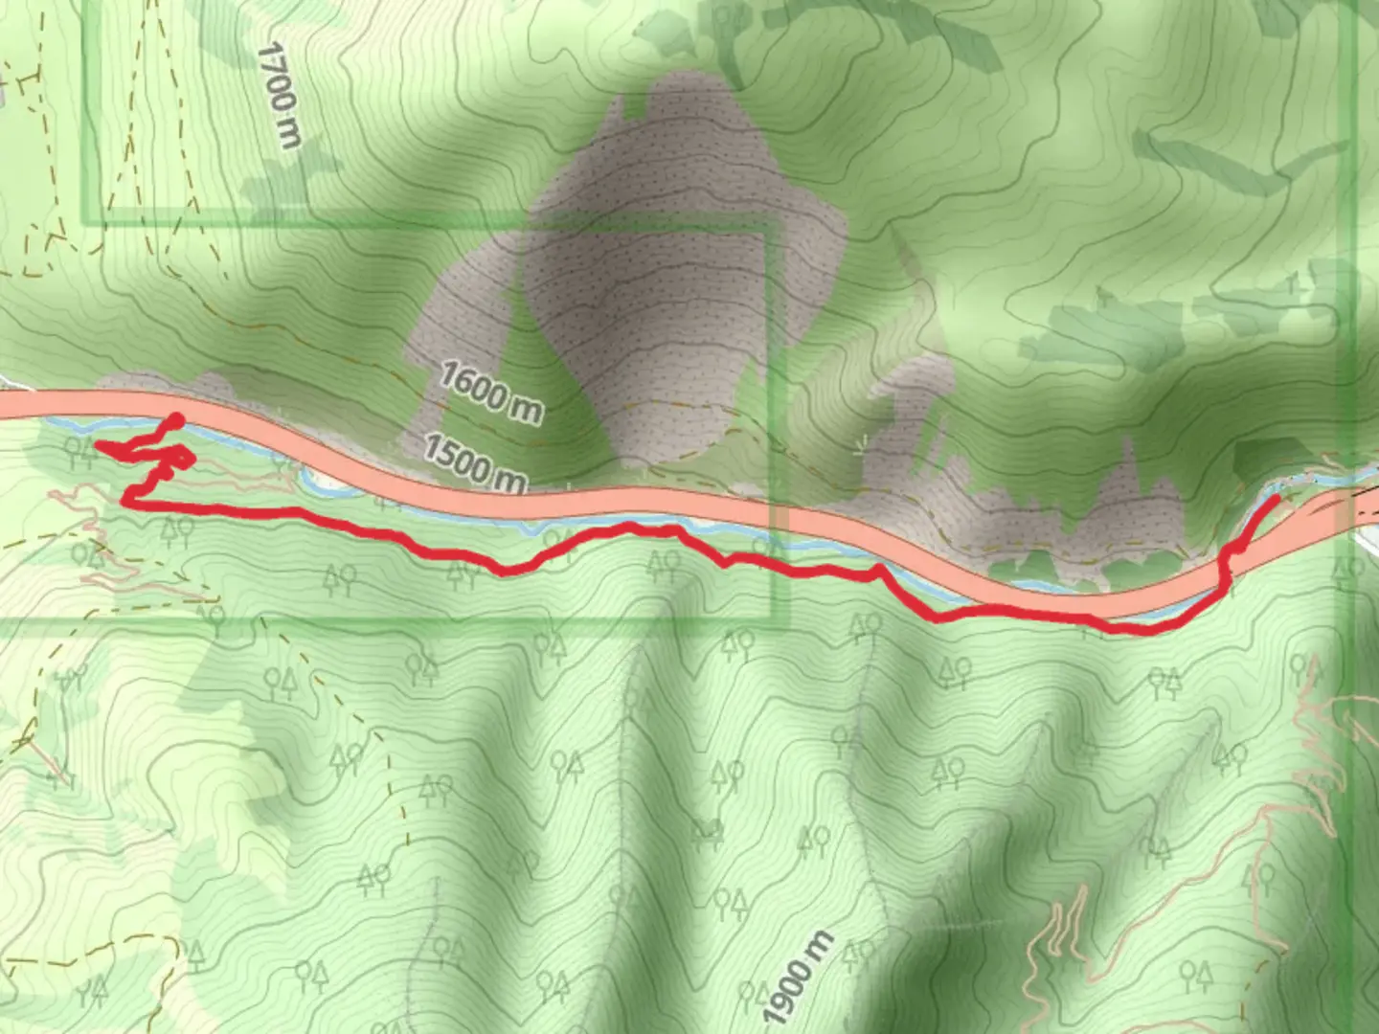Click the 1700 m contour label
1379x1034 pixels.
point(279,95)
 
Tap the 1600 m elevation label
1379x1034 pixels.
point(490,391)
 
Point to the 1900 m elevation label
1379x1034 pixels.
point(798,975)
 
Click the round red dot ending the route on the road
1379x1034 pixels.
point(175,420)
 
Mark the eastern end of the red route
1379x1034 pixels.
point(1276,498)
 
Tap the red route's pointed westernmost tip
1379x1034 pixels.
point(97,444)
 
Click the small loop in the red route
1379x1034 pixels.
point(181,461)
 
